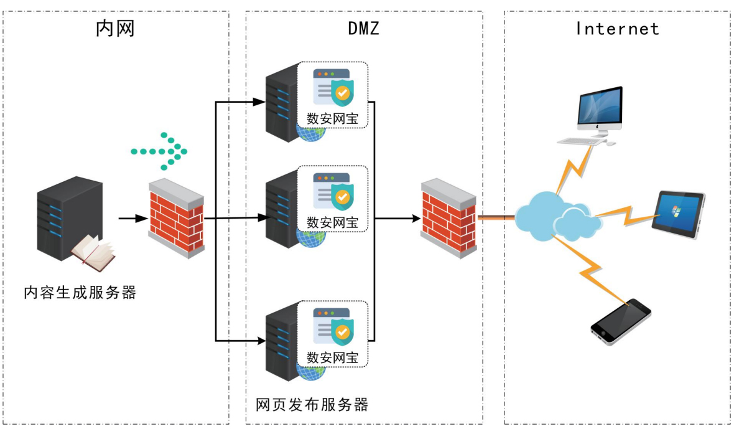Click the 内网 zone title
(x=115, y=28)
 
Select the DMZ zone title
(x=363, y=28)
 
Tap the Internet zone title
(x=617, y=29)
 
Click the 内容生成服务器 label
(x=80, y=292)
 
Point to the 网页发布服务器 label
(x=312, y=405)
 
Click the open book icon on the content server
(x=93, y=252)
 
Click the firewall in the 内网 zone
(x=176, y=219)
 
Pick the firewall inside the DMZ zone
(x=448, y=217)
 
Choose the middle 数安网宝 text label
(x=333, y=222)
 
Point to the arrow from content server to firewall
(x=132, y=219)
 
